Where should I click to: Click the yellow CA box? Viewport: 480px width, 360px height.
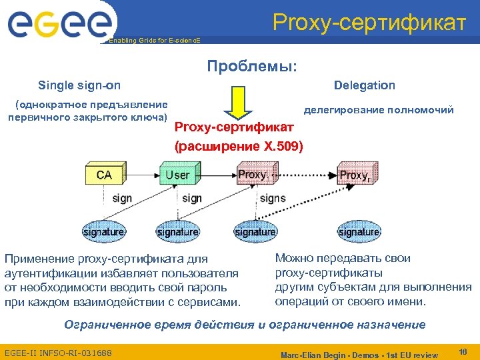104,175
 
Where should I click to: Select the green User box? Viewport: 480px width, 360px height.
177,175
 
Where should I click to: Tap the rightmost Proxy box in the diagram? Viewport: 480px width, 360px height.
353,175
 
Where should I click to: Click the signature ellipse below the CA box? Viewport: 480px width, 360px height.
103,232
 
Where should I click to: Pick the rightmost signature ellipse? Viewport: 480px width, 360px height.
359,232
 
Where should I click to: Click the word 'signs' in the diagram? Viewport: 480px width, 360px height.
273,198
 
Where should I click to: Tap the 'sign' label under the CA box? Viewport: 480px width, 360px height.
122,198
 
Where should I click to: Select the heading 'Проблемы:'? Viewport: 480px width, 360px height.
252,67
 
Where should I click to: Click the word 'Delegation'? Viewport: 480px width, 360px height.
364,85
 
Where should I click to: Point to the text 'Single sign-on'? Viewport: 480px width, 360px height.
79,85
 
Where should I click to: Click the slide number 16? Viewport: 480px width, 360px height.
464,351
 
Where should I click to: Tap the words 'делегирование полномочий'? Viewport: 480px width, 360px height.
379,110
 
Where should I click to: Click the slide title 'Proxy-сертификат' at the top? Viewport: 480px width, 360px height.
369,22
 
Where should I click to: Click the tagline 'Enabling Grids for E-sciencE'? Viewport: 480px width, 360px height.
153,41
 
